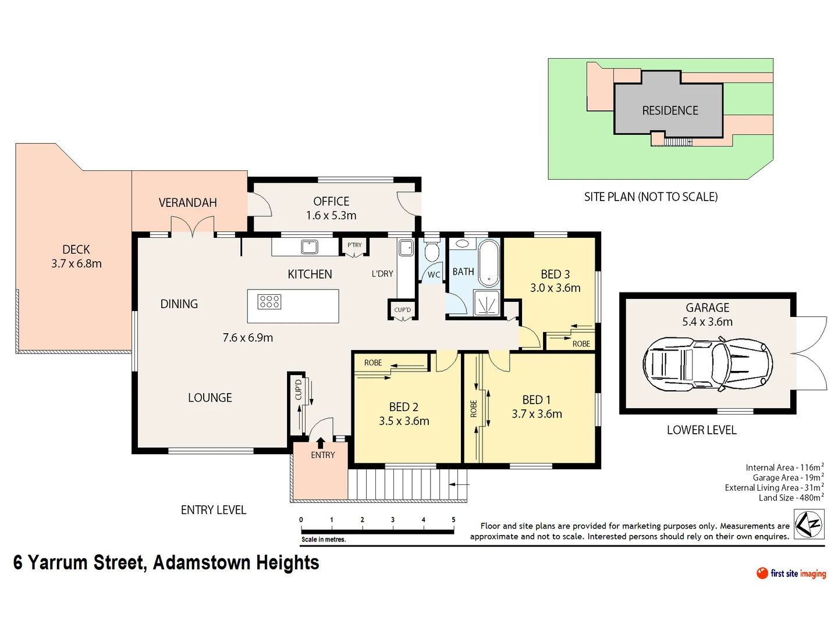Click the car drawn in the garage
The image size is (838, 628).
[708, 364]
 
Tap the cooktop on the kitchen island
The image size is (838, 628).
[269, 301]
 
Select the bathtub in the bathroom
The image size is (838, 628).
[489, 263]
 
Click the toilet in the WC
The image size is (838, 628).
[431, 252]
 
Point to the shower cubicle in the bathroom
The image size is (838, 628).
[487, 303]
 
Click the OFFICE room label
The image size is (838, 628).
[331, 201]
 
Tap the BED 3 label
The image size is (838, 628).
[555, 274]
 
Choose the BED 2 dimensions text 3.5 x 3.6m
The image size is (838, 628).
[404, 421]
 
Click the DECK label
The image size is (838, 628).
[76, 249]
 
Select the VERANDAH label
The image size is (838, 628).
[187, 202]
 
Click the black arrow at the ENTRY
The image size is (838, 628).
[320, 443]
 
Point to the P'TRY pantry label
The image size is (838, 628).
[354, 245]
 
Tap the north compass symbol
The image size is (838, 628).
[809, 524]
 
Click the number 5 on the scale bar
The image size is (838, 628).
[453, 520]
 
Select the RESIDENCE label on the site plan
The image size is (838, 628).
[670, 110]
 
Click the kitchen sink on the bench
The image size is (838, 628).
[309, 247]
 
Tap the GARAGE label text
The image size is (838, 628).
[707, 308]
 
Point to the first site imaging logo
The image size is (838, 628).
[791, 573]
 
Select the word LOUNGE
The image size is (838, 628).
[210, 398]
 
